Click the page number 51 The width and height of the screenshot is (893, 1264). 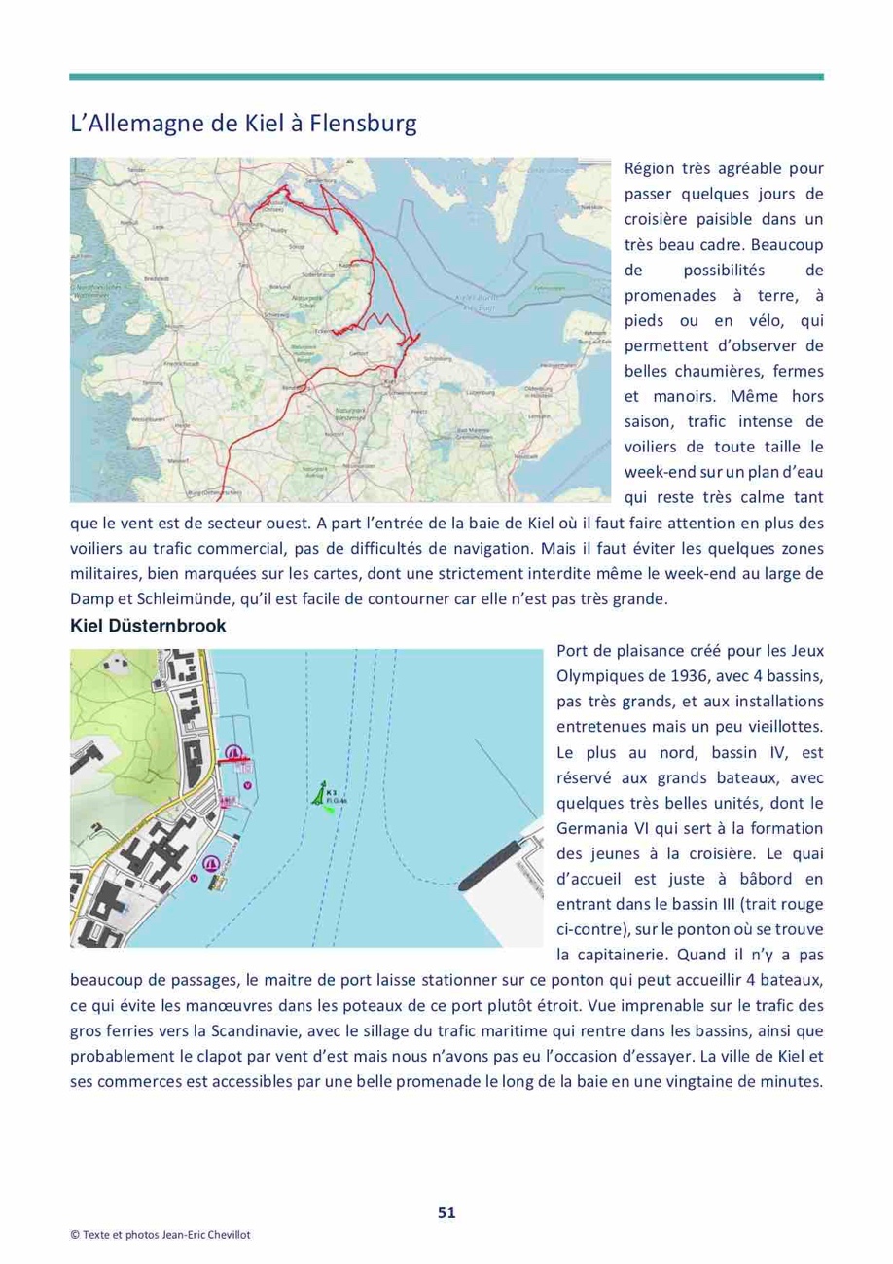click(x=446, y=1211)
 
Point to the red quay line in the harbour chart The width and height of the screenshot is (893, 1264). click(x=240, y=758)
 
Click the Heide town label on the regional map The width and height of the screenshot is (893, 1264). click(x=181, y=425)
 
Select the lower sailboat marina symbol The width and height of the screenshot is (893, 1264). click(x=209, y=863)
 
